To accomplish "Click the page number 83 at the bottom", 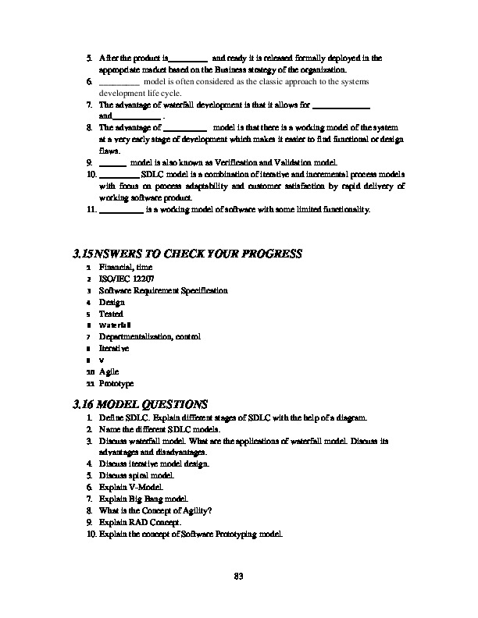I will pos(240,577).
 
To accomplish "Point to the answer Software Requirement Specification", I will pos(163,290).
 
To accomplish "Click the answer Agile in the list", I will pos(109,372).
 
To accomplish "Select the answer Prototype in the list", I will pos(116,384).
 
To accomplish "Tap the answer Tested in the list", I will pos(111,313).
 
